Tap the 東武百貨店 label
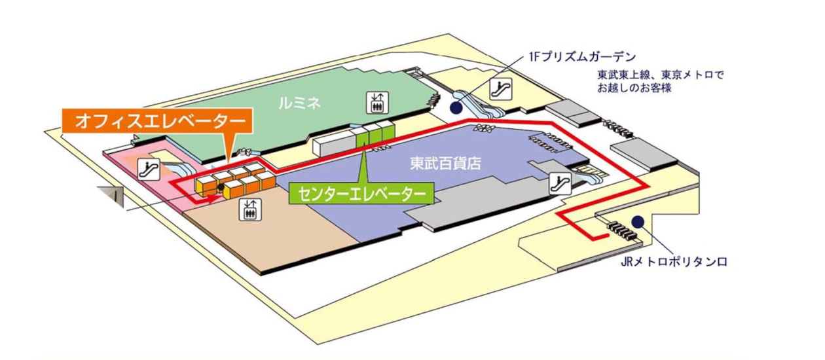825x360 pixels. coord(445,164)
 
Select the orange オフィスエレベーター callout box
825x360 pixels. coord(156,122)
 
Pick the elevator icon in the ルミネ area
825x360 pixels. coord(378,101)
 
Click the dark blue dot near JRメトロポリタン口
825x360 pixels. coord(637,221)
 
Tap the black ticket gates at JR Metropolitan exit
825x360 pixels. coord(623,230)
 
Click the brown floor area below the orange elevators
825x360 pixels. coord(275,236)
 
